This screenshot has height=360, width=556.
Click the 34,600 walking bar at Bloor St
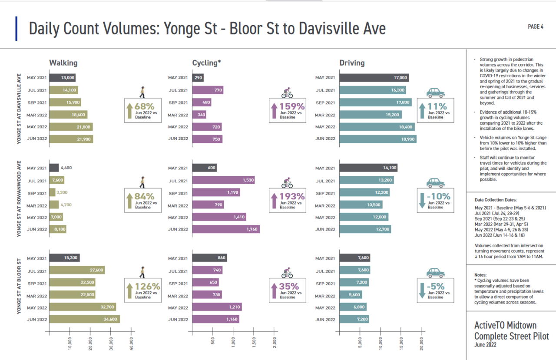click(x=85, y=319)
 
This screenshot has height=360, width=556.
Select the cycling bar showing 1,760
click(x=226, y=229)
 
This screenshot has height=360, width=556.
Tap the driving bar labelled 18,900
click(x=378, y=139)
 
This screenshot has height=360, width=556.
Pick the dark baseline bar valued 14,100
click(x=368, y=168)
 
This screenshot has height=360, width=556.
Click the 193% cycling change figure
click(x=292, y=196)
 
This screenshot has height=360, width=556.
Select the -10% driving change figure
click(x=438, y=196)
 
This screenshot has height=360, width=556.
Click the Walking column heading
click(x=63, y=63)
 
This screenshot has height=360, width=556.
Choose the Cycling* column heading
click(x=207, y=63)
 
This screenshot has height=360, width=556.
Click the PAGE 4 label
click(x=536, y=27)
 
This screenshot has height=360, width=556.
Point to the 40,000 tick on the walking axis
click(x=132, y=343)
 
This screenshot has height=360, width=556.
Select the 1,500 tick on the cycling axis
click(x=254, y=342)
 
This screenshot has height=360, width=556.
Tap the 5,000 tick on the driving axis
click(x=360, y=343)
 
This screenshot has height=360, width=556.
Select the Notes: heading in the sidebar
click(x=481, y=275)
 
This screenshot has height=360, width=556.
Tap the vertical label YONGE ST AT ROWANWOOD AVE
click(x=19, y=197)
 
